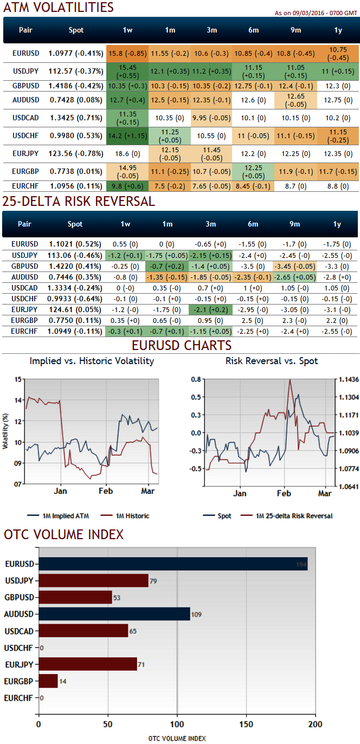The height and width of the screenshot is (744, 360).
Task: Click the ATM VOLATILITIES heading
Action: click(59, 7)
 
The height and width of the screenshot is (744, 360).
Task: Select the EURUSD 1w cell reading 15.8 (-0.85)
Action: click(127, 54)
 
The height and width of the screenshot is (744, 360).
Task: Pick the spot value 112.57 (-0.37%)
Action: click(76, 72)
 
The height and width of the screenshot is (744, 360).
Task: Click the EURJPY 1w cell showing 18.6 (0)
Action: click(127, 154)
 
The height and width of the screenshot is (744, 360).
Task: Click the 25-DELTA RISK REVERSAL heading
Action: click(79, 202)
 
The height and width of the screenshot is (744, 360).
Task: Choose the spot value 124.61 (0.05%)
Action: click(76, 308)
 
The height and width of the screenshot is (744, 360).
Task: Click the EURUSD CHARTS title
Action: click(181, 346)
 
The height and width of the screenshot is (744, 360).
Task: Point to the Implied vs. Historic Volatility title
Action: click(92, 361)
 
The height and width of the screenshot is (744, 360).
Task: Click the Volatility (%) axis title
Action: click(6, 431)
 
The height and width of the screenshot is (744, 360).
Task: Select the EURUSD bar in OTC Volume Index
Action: click(173, 564)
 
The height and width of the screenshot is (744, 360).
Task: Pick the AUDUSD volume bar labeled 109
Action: click(114, 614)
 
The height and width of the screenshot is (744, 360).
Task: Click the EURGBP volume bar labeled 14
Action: click(48, 681)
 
